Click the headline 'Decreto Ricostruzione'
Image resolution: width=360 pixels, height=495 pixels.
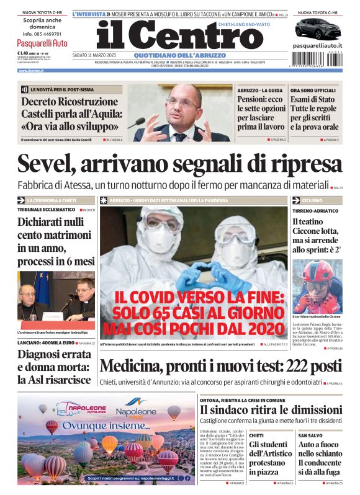[x=70, y=102]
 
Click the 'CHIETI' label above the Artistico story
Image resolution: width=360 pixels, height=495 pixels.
[x=256, y=436]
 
